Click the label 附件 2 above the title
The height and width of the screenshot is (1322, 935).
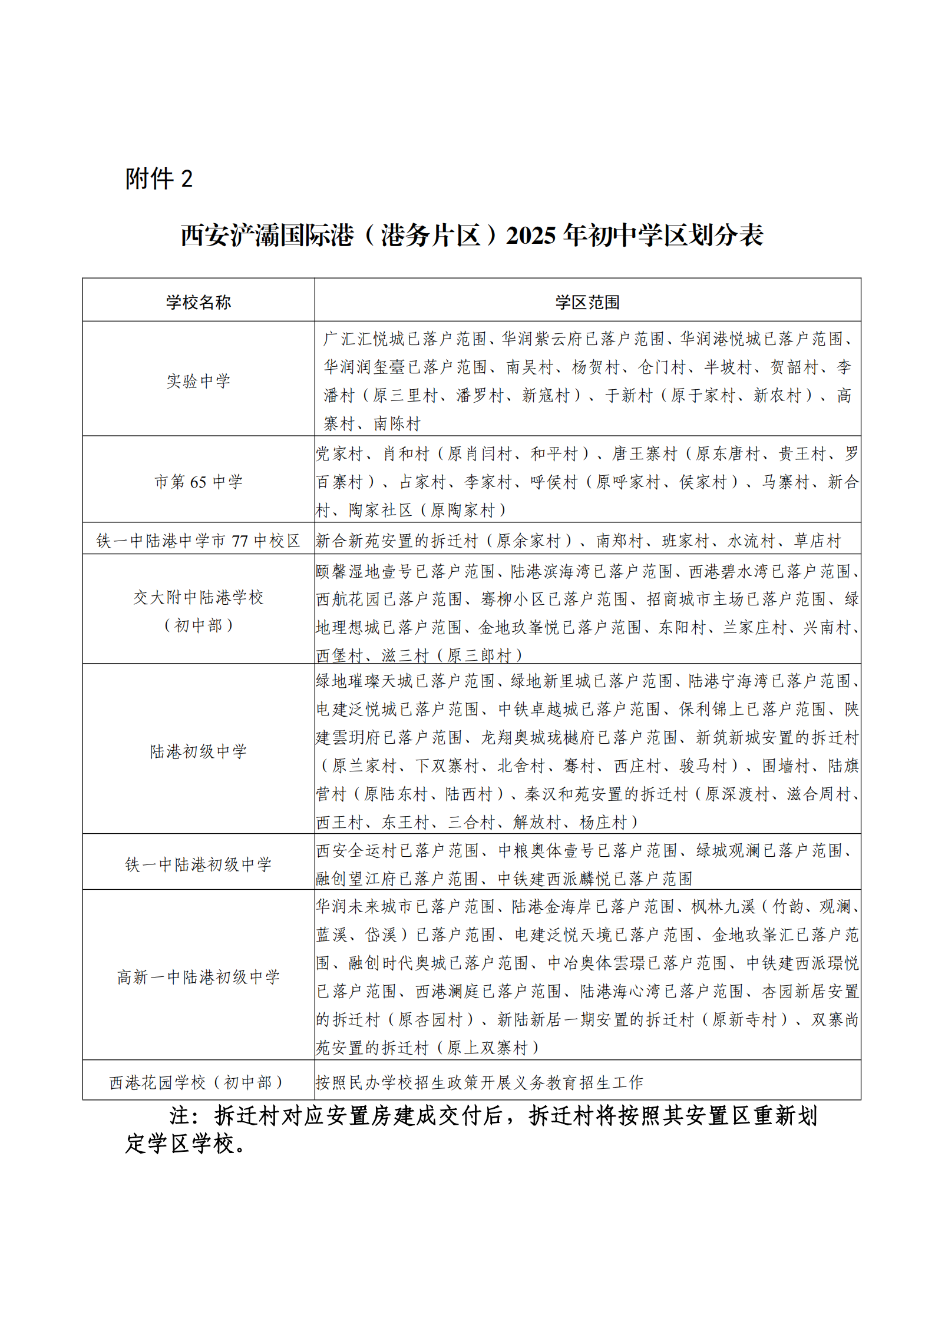[x=158, y=178]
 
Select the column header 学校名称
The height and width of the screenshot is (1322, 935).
[x=198, y=302]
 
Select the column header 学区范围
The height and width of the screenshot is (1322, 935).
[x=587, y=302]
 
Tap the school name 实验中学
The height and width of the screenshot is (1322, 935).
[x=198, y=381]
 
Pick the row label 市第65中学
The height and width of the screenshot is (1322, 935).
[x=198, y=482]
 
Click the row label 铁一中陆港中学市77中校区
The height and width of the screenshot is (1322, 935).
[x=198, y=541]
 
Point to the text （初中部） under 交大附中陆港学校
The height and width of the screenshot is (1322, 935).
[x=198, y=625]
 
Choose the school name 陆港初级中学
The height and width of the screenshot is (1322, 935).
[x=198, y=751]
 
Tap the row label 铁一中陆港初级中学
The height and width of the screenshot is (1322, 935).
[x=198, y=864]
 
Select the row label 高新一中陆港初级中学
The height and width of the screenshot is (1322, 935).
[x=198, y=977]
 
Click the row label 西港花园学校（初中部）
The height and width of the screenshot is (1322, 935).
[x=198, y=1082]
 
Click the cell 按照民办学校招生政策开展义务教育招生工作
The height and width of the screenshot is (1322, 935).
[x=479, y=1082]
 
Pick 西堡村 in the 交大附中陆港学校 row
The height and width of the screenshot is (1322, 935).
[x=339, y=655]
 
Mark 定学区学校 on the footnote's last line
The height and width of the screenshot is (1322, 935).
[x=180, y=1144]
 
